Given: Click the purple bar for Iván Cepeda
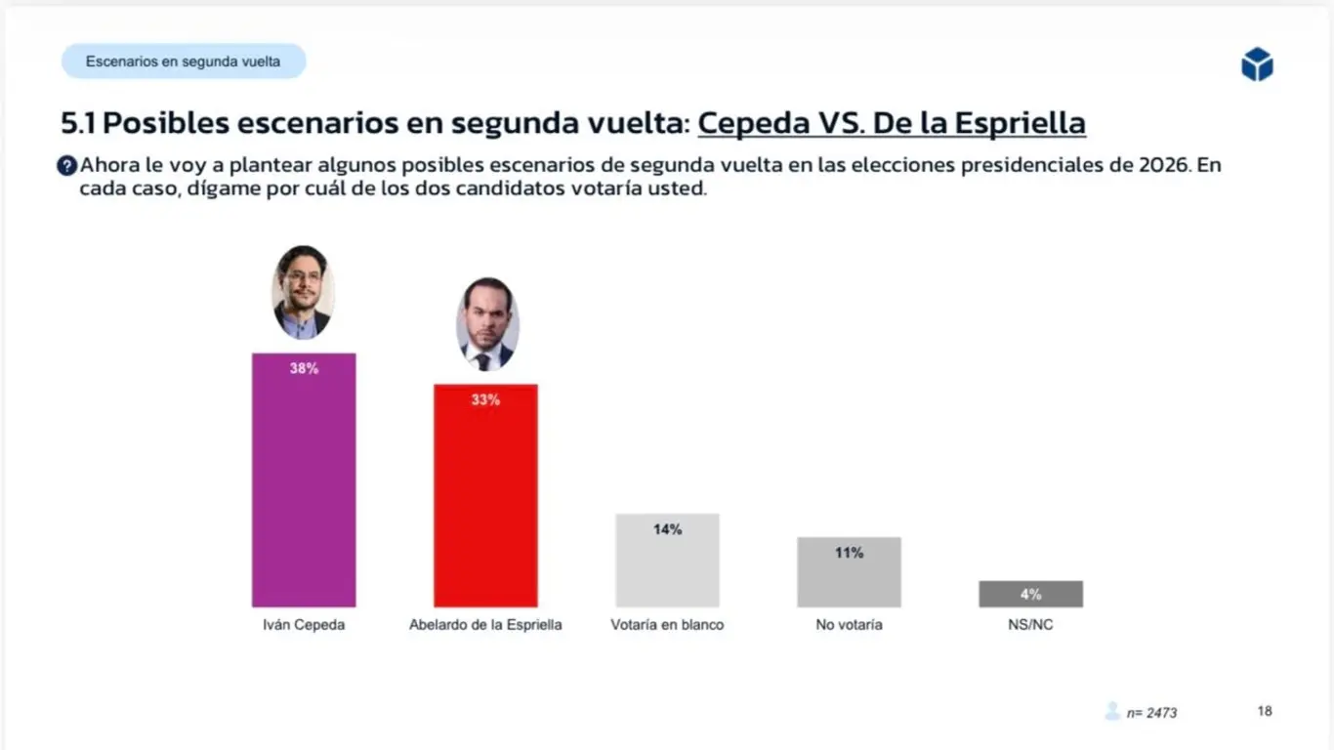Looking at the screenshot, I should (304, 488).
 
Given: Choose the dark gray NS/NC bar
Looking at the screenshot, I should (1030, 594).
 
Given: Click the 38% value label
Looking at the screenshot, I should (304, 369).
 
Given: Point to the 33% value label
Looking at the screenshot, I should (485, 399).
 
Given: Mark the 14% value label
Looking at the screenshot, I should (667, 529).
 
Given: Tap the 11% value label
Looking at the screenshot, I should (849, 553).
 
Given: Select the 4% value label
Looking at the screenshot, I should (1030, 594).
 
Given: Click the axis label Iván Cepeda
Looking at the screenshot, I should (304, 625).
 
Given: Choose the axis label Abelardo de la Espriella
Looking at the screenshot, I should (485, 625).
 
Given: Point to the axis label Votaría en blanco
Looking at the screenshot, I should (667, 625).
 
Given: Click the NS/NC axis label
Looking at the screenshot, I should (1030, 625).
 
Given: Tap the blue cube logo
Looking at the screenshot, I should (1257, 64).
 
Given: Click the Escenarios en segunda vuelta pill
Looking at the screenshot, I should (184, 62).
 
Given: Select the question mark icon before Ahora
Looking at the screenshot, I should (66, 166).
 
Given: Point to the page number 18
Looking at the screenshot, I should (1265, 711).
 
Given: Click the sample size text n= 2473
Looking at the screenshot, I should (1151, 713).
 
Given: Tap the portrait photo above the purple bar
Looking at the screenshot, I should (303, 292).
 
